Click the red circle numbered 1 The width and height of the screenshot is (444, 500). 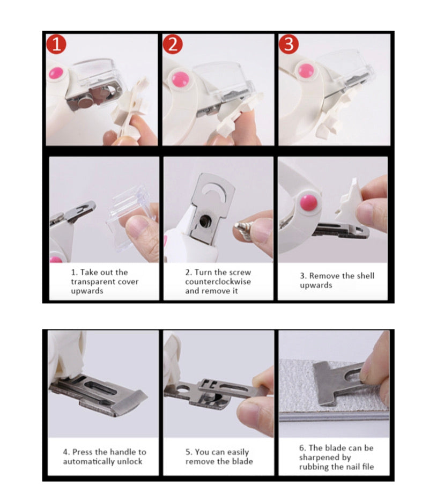56,44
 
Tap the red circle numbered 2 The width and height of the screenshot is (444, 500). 173,44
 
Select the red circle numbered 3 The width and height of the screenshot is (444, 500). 289,44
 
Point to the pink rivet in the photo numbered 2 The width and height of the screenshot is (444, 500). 180,79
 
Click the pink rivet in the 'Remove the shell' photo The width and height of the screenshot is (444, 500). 308,203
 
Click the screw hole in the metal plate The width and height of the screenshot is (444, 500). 205,220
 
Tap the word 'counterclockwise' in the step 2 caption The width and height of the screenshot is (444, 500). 218,282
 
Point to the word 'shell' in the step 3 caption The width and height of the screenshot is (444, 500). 365,276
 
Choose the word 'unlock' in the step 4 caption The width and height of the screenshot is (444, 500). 129,461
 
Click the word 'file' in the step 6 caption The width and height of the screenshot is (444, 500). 368,467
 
